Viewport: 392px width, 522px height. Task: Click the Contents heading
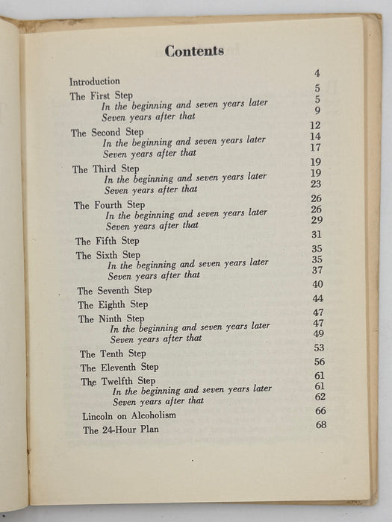194,51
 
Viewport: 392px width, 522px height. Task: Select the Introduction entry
95,81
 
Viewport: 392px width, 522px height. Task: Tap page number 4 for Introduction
317,73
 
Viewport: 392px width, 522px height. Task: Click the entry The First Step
99,96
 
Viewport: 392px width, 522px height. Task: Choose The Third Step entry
101,169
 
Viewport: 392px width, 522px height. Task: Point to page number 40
317,284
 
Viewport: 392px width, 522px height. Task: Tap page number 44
318,298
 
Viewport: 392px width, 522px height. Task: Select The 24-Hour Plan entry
120,430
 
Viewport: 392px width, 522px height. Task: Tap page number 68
321,425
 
